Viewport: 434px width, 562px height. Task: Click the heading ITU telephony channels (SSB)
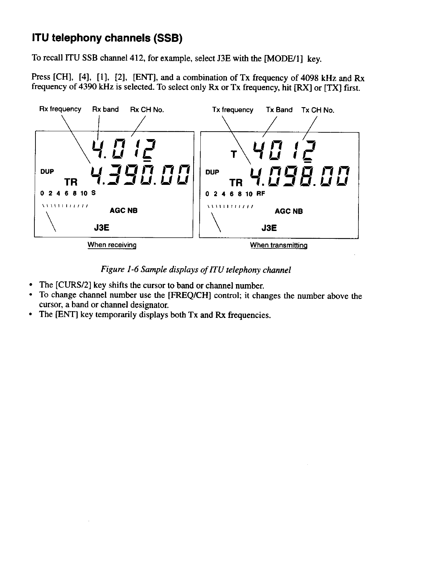(x=107, y=38)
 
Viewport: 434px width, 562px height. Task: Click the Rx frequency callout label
(x=60, y=109)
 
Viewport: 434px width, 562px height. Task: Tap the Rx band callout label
(x=105, y=109)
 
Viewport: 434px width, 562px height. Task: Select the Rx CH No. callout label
(x=147, y=110)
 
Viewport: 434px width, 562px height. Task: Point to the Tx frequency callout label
(x=233, y=110)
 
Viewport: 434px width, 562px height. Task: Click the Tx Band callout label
(x=279, y=110)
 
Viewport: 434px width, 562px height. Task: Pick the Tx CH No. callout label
(x=318, y=110)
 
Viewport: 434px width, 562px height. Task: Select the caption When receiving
(x=112, y=245)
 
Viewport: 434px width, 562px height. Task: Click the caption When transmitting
(x=278, y=245)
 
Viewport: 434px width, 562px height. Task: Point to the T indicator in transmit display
(x=233, y=155)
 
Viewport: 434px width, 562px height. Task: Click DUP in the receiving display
(x=47, y=171)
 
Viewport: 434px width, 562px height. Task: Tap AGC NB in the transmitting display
(x=289, y=211)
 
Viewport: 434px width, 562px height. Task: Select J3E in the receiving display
(x=101, y=227)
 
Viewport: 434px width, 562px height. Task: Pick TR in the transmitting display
(x=236, y=183)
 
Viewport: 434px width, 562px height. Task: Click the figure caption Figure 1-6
(x=196, y=270)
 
